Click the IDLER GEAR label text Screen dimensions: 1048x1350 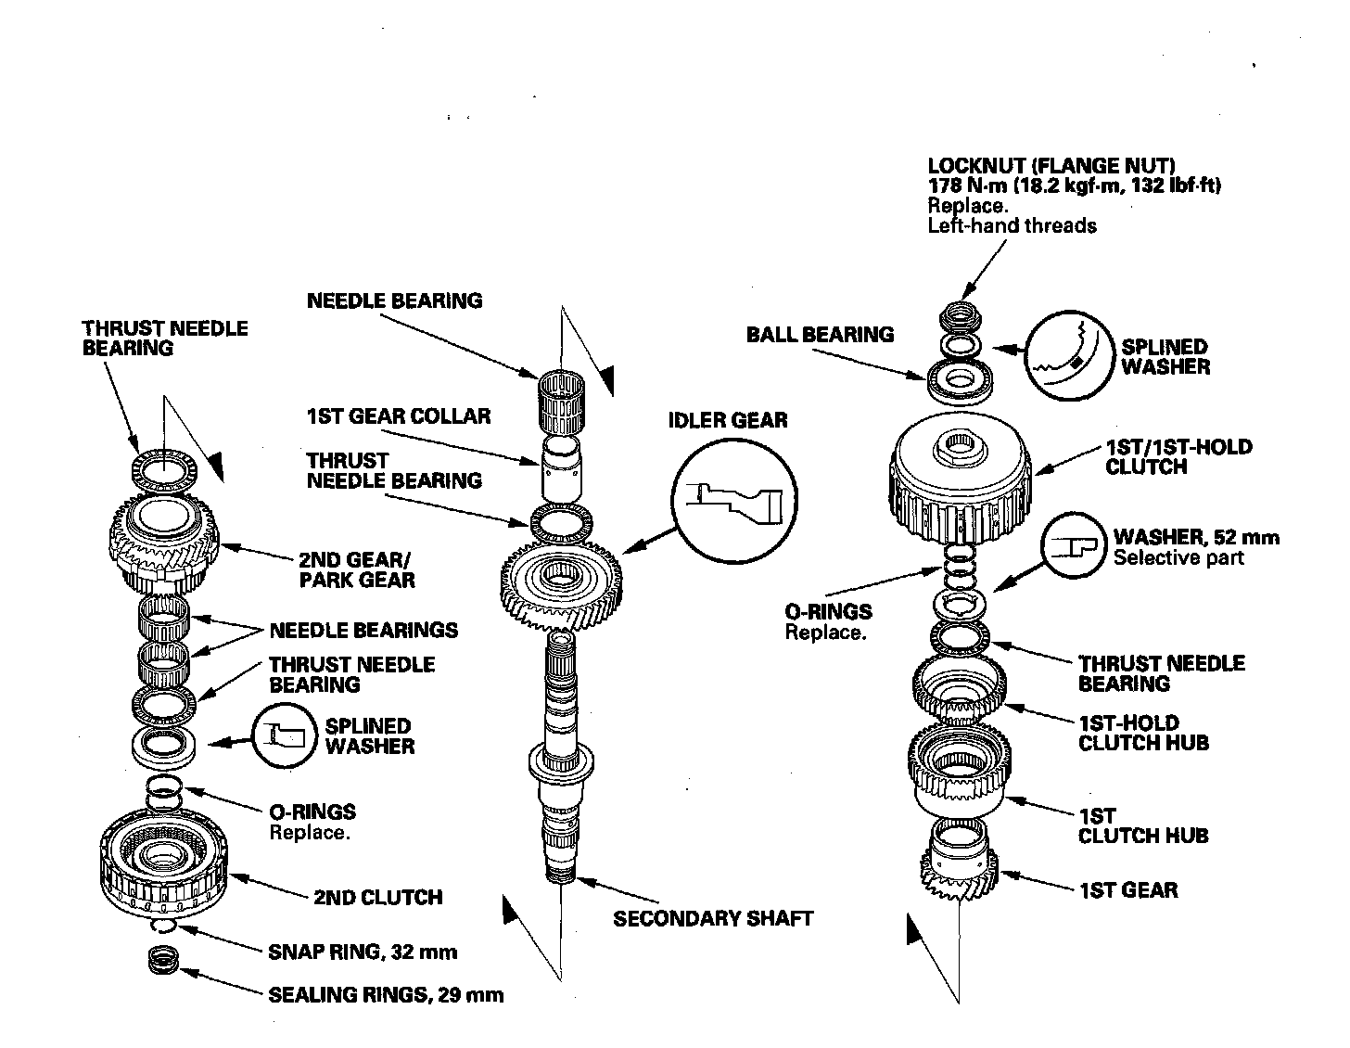728,420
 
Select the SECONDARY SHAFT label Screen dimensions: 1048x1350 712,918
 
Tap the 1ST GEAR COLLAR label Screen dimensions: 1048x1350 398,415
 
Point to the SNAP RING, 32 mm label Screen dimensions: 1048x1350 362,952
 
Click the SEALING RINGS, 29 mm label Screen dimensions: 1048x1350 386,995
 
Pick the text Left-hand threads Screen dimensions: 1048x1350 1012,225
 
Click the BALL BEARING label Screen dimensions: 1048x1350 820,335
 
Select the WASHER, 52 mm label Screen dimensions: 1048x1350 1195,537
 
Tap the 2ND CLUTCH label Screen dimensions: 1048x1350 378,897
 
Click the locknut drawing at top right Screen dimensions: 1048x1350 961,318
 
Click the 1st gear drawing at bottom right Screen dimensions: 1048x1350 960,872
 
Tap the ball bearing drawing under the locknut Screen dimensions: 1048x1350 961,379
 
